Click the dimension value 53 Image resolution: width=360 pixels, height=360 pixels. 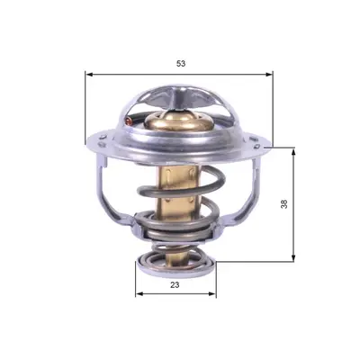click(x=181, y=64)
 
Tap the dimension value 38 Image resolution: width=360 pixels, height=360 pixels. click(x=284, y=204)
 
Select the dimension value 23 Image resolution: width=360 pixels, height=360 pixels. click(x=175, y=284)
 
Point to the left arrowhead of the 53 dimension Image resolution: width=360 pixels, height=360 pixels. click(x=88, y=75)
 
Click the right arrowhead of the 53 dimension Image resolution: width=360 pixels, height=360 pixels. click(x=270, y=75)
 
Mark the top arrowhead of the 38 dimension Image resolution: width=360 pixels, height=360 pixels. click(x=293, y=151)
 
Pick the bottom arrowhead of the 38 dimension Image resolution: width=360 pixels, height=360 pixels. click(x=293, y=258)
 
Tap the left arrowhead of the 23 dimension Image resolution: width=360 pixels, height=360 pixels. click(x=139, y=293)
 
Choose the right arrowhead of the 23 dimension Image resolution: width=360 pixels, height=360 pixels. click(x=212, y=293)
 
